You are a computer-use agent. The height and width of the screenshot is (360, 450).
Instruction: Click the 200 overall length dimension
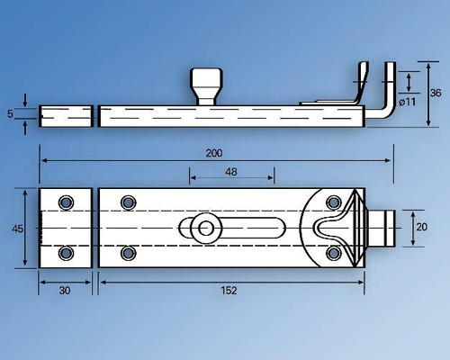point(213,153)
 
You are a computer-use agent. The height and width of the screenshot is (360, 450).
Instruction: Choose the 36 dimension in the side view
point(434,92)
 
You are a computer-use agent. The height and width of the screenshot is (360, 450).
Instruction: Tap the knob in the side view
point(208,87)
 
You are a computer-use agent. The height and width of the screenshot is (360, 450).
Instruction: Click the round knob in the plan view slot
point(206,228)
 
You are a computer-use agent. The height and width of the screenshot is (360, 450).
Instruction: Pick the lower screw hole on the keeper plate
point(66,253)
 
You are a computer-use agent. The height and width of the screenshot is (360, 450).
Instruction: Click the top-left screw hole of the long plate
point(127,202)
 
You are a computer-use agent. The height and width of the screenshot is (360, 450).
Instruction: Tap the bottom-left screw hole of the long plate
point(127,253)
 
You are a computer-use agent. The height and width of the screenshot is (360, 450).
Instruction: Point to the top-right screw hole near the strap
point(333,202)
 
